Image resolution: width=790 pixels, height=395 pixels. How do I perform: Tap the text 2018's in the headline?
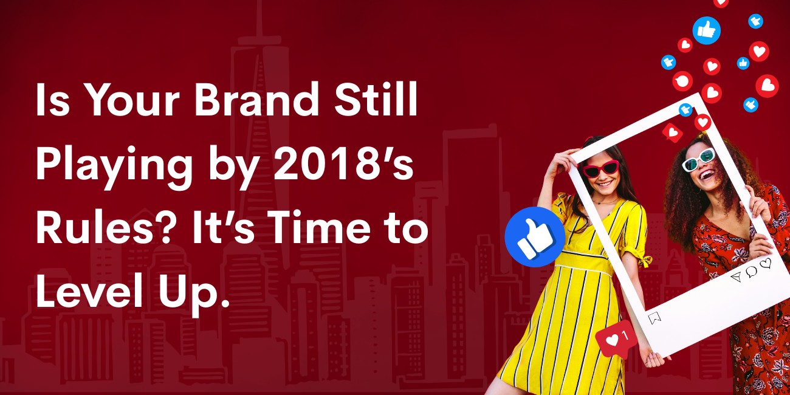tap(343, 163)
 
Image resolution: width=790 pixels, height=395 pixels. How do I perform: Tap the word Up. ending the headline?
tap(193, 295)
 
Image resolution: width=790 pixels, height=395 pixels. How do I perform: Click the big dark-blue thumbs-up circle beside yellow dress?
tap(535, 237)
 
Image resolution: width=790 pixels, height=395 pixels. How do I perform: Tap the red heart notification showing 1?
tap(616, 339)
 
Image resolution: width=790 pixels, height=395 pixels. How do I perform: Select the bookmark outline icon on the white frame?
tap(654, 318)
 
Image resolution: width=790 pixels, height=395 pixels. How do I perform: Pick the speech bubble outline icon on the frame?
tap(751, 271)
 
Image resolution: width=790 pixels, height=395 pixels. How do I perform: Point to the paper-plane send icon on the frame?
tap(737, 277)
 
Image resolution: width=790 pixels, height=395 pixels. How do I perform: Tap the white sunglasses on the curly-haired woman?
tap(699, 159)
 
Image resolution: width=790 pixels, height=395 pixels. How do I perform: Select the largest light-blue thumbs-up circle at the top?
tap(706, 30)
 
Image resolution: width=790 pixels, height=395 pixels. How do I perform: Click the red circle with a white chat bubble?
tap(682, 81)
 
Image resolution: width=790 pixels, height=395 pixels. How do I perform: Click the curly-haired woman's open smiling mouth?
tap(706, 174)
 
